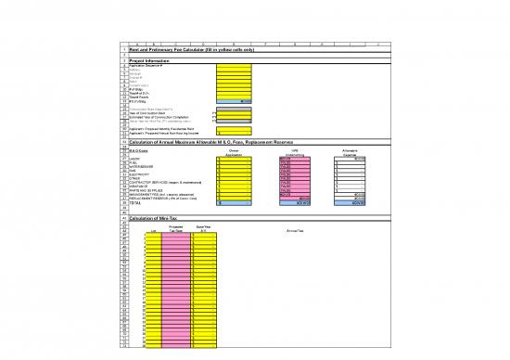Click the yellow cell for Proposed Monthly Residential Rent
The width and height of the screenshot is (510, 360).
click(x=232, y=127)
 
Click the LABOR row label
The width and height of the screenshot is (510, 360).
click(x=134, y=158)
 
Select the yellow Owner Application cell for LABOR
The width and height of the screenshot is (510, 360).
click(x=233, y=158)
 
